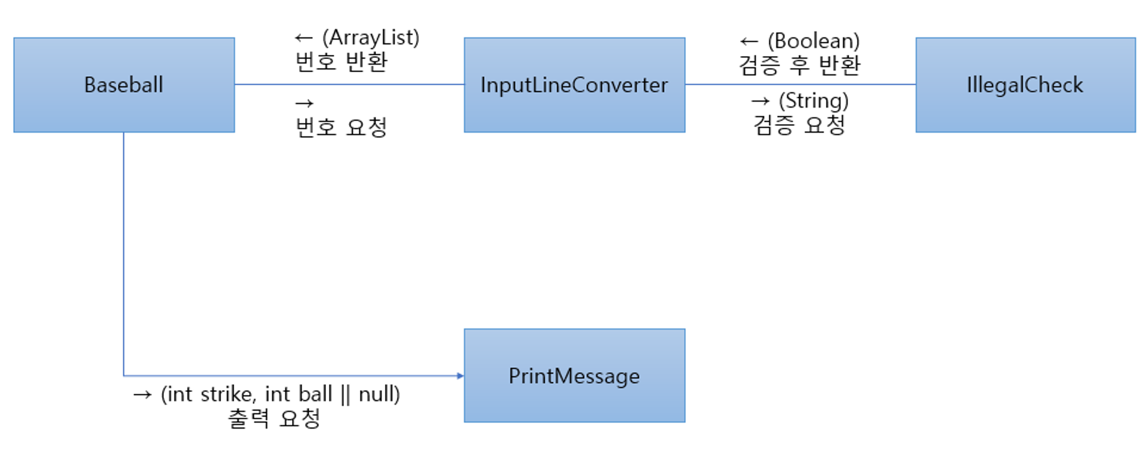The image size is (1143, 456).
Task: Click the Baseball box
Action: click(124, 85)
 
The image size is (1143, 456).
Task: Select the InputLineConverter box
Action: click(574, 85)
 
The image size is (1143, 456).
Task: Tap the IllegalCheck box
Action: click(1025, 85)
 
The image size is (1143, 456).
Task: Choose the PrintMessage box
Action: click(574, 376)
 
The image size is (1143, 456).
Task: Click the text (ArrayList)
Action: click(371, 38)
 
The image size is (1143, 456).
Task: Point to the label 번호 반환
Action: click(342, 62)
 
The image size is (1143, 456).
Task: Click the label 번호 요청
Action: click(342, 127)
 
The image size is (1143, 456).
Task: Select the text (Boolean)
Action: click(814, 41)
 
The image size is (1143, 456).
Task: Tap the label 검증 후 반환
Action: click(800, 65)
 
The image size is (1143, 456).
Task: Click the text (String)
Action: click(814, 101)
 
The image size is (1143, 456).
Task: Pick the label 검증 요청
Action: click(800, 125)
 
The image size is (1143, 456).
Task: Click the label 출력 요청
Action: click(274, 418)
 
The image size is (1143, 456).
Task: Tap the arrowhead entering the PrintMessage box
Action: click(460, 376)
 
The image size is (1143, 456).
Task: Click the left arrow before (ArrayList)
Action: click(303, 38)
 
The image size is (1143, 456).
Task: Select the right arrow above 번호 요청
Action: click(304, 104)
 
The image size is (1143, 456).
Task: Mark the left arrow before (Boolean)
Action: click(749, 42)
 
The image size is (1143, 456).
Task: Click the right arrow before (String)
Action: click(760, 101)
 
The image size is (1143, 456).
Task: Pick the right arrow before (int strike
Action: click(142, 395)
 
